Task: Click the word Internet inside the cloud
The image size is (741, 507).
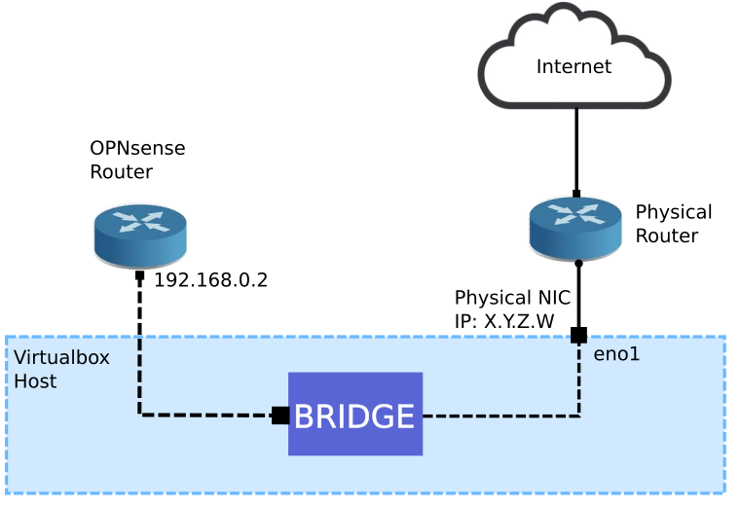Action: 574,67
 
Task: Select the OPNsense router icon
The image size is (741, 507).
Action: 141,232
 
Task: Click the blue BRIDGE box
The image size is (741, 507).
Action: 354,415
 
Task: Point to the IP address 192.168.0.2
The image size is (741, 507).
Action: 210,280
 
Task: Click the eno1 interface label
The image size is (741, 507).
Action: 616,355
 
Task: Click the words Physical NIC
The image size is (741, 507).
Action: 512,297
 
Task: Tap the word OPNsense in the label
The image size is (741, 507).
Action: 137,149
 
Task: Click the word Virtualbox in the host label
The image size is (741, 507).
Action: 61,357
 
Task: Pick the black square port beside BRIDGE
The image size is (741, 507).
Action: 280,416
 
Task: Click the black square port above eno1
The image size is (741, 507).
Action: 578,336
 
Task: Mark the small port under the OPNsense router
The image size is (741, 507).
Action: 140,276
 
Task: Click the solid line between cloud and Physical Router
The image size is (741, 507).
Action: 576,146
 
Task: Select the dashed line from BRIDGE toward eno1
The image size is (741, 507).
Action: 501,416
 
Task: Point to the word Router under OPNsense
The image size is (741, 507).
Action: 122,172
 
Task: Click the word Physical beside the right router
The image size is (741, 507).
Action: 674,212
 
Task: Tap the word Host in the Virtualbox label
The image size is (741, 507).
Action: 35,380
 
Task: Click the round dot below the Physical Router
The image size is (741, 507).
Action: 578,263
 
